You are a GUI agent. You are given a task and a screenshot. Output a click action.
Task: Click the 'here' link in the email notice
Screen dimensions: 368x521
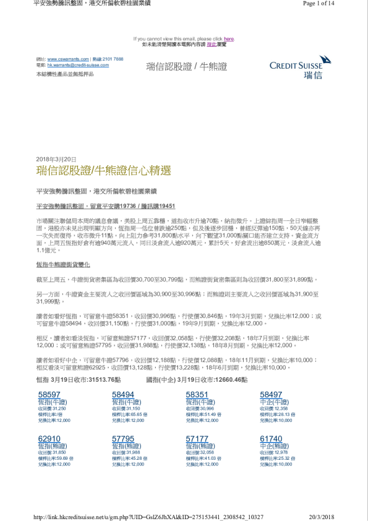(229, 38)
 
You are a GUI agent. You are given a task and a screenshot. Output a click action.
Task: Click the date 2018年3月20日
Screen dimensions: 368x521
(56, 159)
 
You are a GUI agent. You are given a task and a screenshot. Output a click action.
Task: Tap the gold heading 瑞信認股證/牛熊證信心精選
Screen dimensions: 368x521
(103, 170)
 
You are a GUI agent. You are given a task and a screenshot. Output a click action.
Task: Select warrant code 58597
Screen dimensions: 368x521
(49, 394)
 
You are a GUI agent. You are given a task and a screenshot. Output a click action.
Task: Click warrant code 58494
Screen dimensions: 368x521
(122, 394)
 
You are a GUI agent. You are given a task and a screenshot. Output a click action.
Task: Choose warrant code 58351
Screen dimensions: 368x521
(197, 394)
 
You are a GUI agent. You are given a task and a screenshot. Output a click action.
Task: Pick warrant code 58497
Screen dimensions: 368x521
(271, 394)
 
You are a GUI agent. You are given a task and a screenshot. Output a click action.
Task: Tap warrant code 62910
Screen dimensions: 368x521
(49, 437)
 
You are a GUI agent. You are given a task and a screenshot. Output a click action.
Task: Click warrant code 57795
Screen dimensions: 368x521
(122, 437)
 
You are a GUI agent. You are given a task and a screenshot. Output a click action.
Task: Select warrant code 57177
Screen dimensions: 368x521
(197, 437)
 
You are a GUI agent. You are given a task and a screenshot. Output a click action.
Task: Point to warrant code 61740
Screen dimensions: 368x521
(271, 437)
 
